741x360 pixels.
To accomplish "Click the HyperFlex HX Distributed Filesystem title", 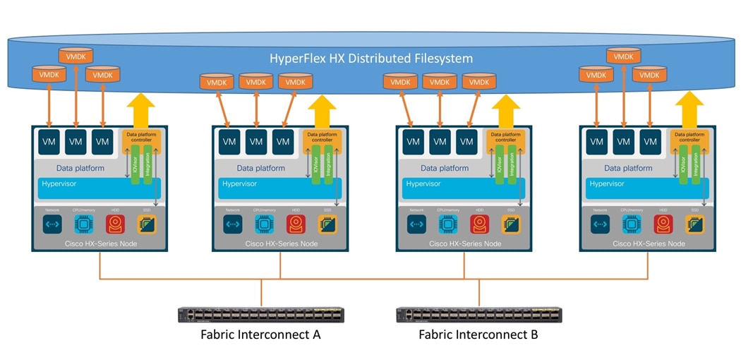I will [x=371, y=58].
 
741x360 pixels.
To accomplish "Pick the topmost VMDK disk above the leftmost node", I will [x=76, y=56].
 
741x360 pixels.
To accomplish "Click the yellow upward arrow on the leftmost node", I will [x=140, y=111].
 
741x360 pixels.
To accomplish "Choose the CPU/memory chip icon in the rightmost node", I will [x=632, y=224].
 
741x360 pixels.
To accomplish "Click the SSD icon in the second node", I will [x=327, y=224].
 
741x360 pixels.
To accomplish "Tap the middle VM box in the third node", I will [x=440, y=142].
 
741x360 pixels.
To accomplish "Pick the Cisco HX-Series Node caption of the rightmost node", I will [x=649, y=244].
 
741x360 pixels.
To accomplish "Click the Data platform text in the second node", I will [x=261, y=169].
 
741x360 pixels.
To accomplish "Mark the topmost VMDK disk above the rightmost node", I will [x=623, y=56].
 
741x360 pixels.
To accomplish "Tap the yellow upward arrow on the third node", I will [x=505, y=111].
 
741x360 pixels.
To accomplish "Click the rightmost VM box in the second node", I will [x=283, y=142].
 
